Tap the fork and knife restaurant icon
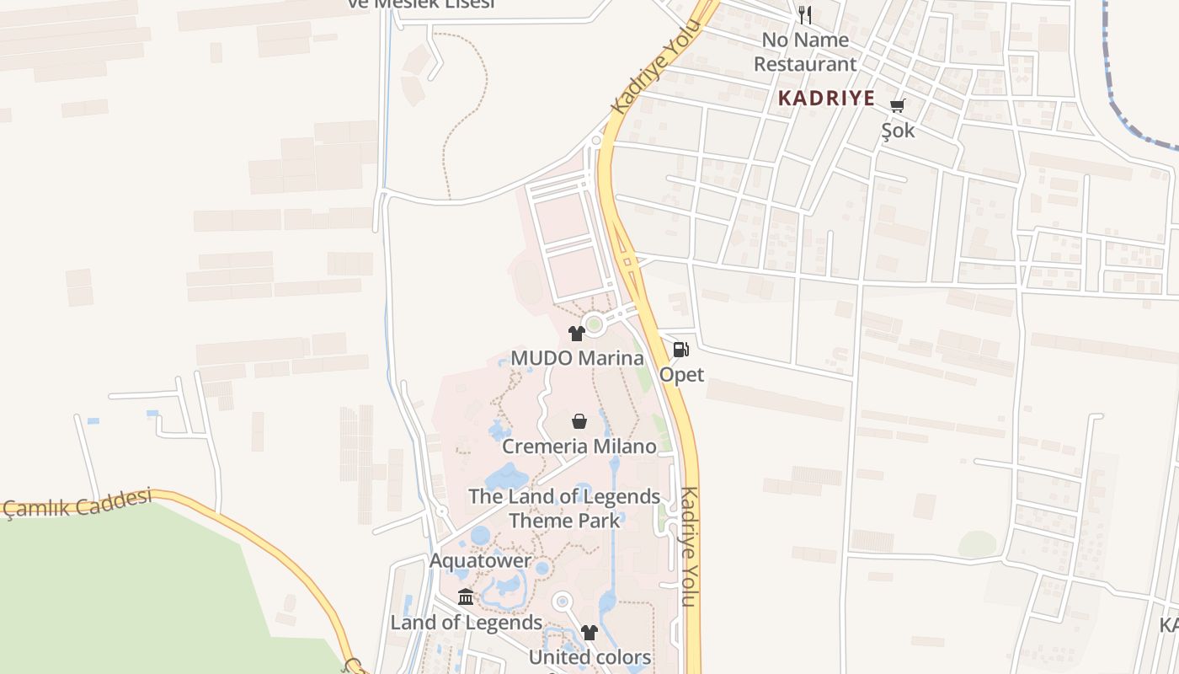coord(805,14)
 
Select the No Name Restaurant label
coord(805,51)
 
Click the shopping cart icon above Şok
coord(898,105)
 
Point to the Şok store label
coord(898,131)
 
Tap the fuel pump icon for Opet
coord(680,349)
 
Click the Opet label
coord(681,374)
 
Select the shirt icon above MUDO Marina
coord(577,334)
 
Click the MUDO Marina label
coord(577,358)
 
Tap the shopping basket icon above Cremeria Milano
coord(579,420)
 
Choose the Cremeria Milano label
coord(579,447)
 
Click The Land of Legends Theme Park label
coord(564,508)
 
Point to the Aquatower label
coord(480,560)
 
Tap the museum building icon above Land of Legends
coord(466,597)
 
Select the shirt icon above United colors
coord(589,632)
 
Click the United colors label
coord(589,657)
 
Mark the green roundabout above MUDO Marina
coord(594,324)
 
